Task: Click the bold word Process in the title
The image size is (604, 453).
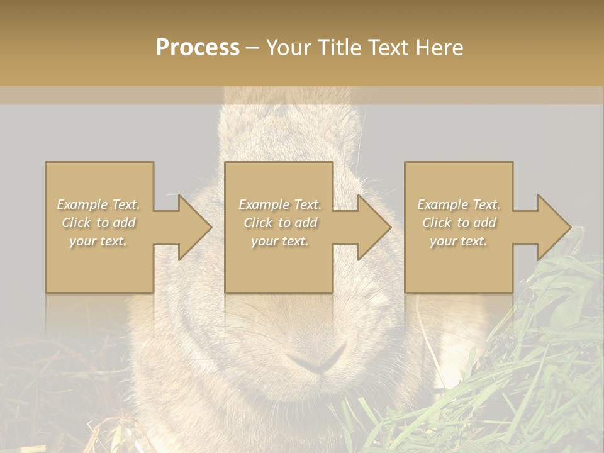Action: tap(198, 48)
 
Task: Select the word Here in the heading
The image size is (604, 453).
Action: tap(440, 48)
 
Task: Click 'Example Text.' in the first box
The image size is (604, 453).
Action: tap(98, 204)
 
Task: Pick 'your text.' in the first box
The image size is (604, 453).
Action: tap(98, 241)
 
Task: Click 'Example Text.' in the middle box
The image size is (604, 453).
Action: tap(280, 204)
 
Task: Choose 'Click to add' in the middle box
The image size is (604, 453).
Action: tap(280, 223)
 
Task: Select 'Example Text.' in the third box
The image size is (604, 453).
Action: tap(459, 204)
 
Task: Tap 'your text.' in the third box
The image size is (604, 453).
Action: tap(459, 241)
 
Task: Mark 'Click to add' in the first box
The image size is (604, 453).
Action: tap(98, 223)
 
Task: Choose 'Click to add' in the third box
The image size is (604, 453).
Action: tap(459, 223)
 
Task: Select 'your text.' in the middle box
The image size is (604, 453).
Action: tap(280, 241)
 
